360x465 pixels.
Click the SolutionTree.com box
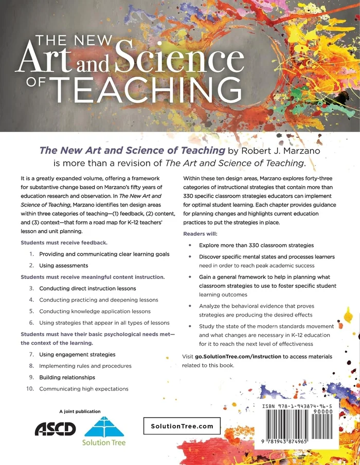[x=182, y=426]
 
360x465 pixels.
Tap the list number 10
[x=29, y=388]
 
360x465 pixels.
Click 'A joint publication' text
[x=80, y=411]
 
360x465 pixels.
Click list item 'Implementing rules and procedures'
[x=85, y=366]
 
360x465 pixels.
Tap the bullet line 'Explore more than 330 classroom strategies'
[x=256, y=245]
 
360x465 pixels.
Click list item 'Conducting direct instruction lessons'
[x=87, y=288]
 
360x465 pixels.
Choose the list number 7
[x=31, y=355]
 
